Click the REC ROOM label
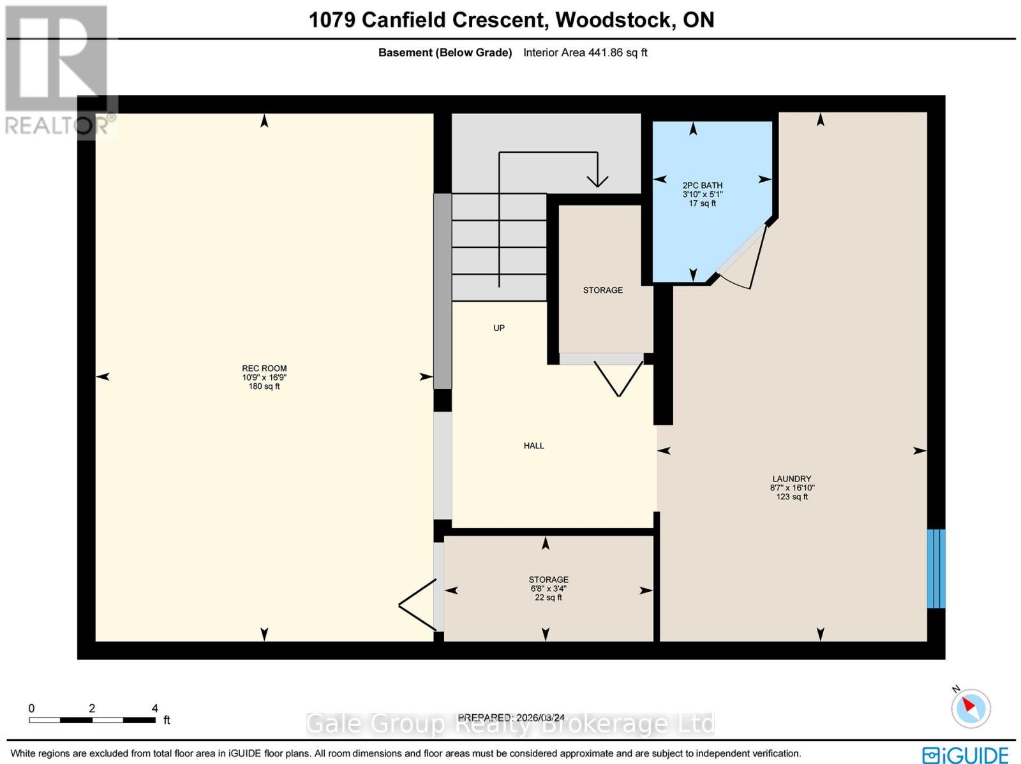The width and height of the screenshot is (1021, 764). click(264, 368)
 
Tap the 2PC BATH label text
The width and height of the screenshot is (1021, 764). click(702, 186)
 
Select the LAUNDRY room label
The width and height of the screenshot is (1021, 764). click(791, 479)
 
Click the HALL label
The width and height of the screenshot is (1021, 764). click(533, 446)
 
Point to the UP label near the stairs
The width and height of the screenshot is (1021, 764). click(499, 328)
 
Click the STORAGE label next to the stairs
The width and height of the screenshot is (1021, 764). click(602, 290)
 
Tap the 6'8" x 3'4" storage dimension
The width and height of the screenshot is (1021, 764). click(548, 589)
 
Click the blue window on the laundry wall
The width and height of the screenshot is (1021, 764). click(935, 568)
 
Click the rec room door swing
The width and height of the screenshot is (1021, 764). click(416, 604)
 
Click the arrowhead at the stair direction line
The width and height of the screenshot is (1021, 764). click(597, 180)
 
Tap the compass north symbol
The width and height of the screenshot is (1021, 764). click(971, 707)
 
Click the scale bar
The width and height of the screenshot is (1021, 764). click(92, 720)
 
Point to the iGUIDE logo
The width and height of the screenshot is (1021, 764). click(965, 755)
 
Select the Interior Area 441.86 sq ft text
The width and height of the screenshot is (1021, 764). click(585, 53)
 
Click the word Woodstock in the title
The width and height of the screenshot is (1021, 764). click(611, 20)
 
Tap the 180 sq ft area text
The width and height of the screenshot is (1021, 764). click(264, 386)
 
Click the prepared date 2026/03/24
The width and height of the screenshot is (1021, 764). click(540, 717)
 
